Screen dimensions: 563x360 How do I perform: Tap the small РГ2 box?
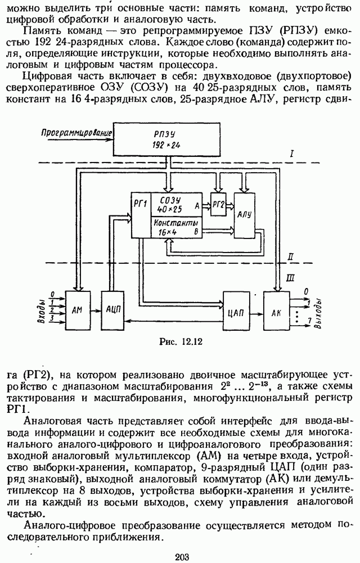(x=217, y=202)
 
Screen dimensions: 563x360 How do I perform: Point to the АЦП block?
(x=113, y=309)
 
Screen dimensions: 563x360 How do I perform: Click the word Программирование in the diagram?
(x=78, y=133)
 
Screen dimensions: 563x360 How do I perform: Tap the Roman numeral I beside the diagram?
(x=292, y=153)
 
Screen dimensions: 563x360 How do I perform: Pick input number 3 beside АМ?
(x=52, y=318)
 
